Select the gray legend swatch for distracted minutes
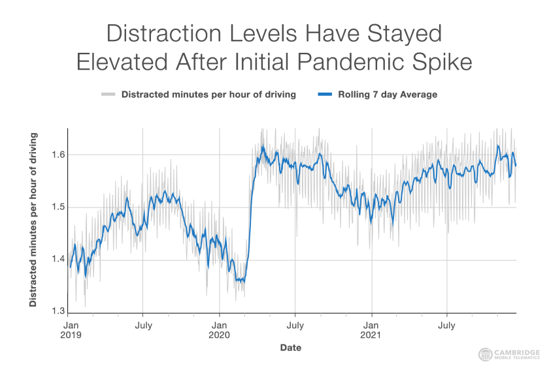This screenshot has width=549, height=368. point(108,95)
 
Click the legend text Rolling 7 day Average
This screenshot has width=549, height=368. point(388,95)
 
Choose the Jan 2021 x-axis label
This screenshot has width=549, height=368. point(372,330)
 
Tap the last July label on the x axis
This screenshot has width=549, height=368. point(447,324)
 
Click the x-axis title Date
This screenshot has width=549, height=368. point(291,348)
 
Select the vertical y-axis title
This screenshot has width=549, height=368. point(33,220)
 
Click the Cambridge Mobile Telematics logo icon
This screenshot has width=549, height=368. point(486,354)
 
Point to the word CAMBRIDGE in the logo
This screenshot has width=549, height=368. point(517,351)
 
